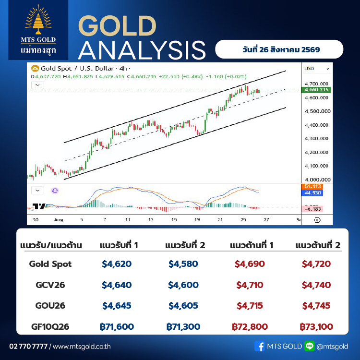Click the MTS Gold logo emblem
(38, 20)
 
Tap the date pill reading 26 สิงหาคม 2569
(279, 49)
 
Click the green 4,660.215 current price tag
(316, 90)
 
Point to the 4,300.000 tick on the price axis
(316, 138)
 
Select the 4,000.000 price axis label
(318, 180)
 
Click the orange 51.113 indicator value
(312, 186)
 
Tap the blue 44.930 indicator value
(312, 193)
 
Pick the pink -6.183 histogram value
(312, 209)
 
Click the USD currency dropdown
(317, 69)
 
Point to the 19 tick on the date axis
(197, 220)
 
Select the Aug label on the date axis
(59, 220)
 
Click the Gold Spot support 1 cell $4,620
(117, 264)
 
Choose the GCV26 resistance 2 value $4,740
(316, 285)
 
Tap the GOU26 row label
(50, 306)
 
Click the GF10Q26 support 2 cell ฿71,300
(183, 327)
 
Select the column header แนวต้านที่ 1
(252, 245)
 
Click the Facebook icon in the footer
(259, 346)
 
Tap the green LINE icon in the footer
(310, 346)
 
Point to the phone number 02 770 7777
(28, 346)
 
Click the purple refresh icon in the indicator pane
(55, 191)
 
